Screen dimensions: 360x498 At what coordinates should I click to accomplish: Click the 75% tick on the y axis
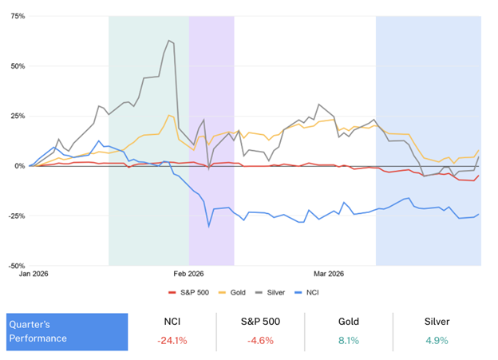point(17,16)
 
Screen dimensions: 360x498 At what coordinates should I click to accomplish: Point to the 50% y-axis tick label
point(17,66)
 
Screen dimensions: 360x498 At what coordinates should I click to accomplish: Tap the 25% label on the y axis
point(17,116)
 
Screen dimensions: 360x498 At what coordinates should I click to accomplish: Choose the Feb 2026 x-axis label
point(189,273)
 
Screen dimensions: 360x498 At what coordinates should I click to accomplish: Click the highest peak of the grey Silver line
point(169,40)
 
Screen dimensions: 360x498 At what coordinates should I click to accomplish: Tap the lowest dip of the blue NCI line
point(209,227)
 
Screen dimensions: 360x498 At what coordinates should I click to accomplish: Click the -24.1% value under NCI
point(172,341)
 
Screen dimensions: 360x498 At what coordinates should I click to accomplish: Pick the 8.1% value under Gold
point(347,341)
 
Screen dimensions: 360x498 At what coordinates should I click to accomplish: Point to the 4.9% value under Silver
point(435,341)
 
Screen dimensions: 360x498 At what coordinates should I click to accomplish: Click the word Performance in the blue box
point(38,338)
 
